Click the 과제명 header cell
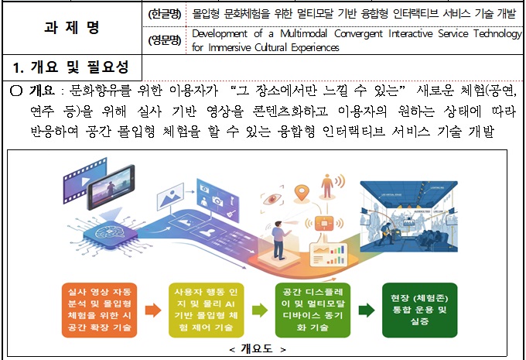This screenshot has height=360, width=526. (72, 28)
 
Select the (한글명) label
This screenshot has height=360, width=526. (165, 13)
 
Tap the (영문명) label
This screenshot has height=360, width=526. (165, 40)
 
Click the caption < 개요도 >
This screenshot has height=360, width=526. (258, 349)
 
